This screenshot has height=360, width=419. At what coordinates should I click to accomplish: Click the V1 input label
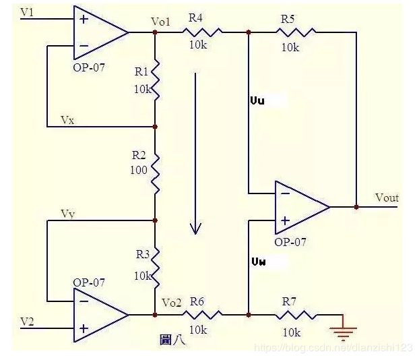(x=27, y=12)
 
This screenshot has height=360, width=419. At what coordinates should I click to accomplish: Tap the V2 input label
(x=27, y=321)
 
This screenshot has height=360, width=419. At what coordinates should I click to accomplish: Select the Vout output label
(x=387, y=198)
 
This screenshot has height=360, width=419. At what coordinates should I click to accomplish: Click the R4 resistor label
(x=195, y=18)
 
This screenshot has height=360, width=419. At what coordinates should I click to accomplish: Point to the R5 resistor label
(x=288, y=19)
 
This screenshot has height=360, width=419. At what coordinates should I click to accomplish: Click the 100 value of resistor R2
(x=138, y=170)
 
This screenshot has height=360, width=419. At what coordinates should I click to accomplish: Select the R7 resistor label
(x=289, y=302)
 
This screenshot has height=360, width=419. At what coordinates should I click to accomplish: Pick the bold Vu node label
(x=257, y=101)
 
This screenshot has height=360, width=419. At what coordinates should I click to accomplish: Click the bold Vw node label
(x=259, y=262)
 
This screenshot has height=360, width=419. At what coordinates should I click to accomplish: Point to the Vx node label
(x=67, y=120)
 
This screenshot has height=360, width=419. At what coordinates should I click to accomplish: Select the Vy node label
(x=68, y=214)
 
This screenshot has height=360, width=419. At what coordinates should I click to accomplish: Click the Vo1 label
(x=160, y=22)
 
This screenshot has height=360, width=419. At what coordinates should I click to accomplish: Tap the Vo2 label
(x=172, y=303)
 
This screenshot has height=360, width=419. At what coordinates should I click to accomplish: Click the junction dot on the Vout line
(x=356, y=207)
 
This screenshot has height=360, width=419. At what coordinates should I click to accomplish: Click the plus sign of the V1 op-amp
(x=84, y=20)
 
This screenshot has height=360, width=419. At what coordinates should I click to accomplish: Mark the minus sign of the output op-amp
(x=286, y=193)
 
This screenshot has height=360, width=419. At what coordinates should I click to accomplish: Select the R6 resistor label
(x=197, y=302)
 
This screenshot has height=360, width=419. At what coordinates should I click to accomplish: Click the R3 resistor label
(x=143, y=254)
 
